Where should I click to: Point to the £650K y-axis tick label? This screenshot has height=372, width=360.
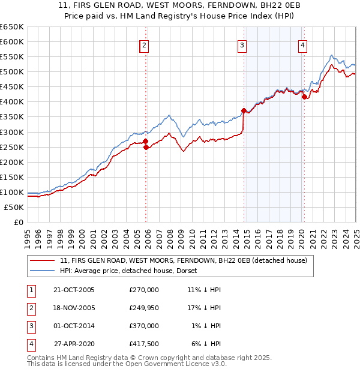[12, 27]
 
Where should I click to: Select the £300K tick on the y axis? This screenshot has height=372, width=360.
[12, 132]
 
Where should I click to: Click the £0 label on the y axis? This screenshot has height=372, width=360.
[18, 222]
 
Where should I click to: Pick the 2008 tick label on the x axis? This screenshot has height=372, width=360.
[170, 235]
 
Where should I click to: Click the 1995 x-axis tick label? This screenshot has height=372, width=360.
[28, 235]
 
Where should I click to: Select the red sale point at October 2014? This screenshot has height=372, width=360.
[244, 110]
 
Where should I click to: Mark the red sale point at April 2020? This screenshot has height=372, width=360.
[305, 96]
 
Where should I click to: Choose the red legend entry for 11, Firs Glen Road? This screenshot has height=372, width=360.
[184, 260]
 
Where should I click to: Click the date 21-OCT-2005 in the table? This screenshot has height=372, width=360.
[74, 290]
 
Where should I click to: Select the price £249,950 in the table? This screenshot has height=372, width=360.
[143, 308]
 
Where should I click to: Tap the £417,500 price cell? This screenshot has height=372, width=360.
[143, 344]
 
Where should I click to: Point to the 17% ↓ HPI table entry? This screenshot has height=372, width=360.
[204, 308]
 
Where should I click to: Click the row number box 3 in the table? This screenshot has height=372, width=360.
[30, 326]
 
